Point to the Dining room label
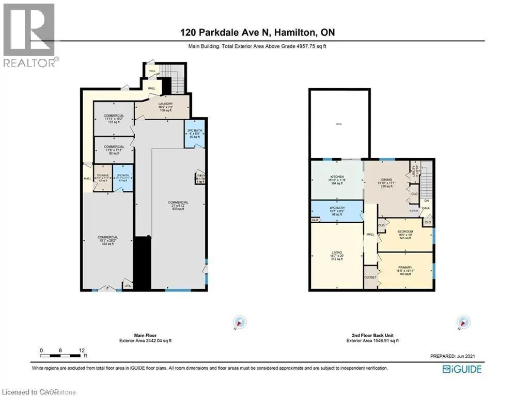coord(387,184)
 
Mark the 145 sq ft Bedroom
coord(404,235)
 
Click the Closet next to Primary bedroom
coord(370,277)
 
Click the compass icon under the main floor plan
coord(239,322)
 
